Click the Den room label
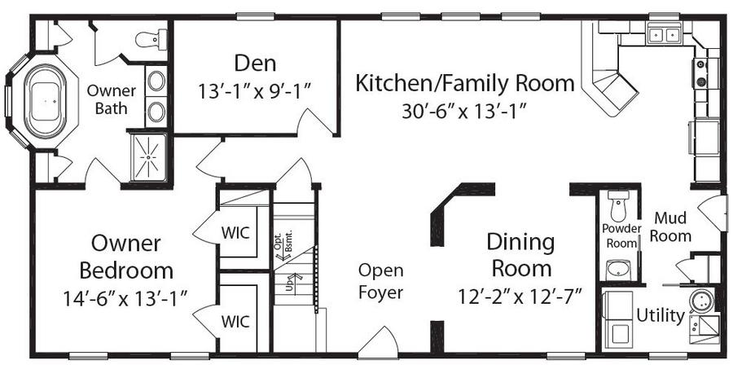click(255, 64)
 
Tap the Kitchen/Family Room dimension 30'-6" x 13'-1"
click(464, 112)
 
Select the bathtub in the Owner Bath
click(45, 102)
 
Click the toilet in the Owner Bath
click(151, 39)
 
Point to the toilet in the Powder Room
click(619, 206)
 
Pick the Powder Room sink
click(619, 270)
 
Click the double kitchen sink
click(663, 34)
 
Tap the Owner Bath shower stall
click(148, 157)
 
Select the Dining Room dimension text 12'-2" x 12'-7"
click(520, 296)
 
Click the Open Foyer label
click(380, 282)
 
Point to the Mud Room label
click(670, 226)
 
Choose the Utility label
click(661, 316)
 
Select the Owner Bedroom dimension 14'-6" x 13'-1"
click(125, 298)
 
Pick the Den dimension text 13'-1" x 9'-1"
click(255, 91)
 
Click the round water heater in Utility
click(700, 299)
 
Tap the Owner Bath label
click(112, 99)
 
